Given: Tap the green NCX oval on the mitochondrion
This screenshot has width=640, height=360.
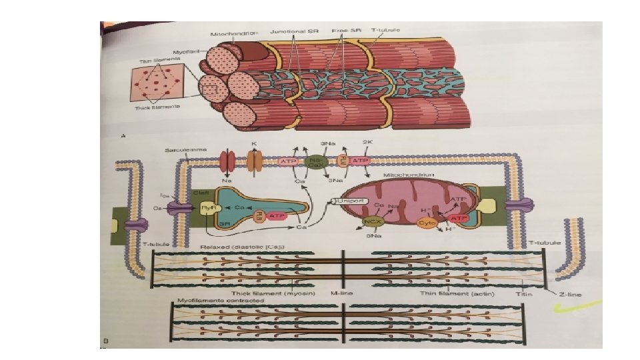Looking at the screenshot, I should click(x=371, y=221).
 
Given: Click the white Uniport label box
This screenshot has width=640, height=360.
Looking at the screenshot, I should click(x=350, y=200).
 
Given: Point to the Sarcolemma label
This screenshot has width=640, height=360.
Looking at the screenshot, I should click(x=181, y=151).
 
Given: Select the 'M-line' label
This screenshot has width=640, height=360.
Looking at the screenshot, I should click(x=342, y=292).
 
